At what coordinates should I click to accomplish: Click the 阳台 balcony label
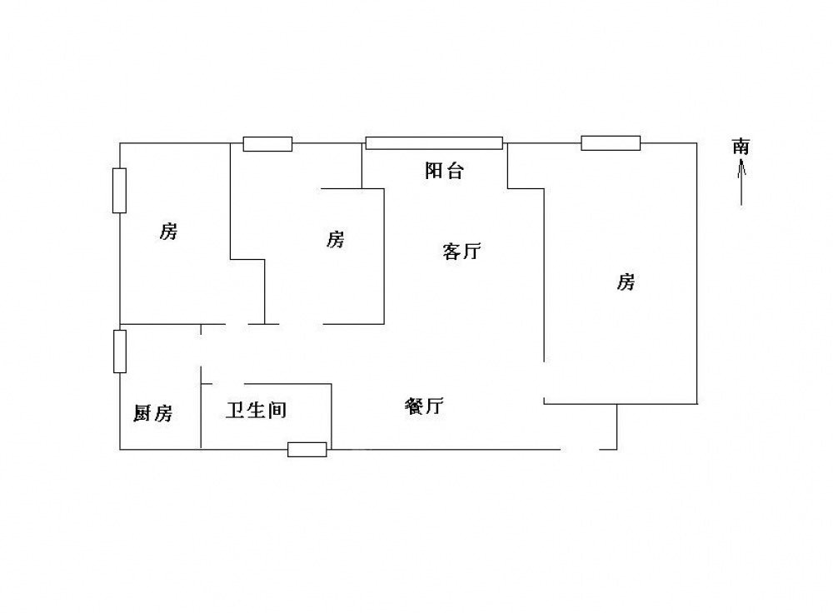(x=444, y=171)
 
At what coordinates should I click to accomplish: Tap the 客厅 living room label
(x=461, y=251)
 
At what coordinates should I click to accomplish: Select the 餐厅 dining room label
(x=424, y=406)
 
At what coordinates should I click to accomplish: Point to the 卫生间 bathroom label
(x=256, y=410)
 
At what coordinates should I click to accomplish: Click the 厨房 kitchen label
(x=152, y=413)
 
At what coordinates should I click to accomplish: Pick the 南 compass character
(x=741, y=146)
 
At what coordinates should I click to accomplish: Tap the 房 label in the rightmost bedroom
(x=626, y=282)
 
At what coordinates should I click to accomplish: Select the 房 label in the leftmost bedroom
(x=168, y=231)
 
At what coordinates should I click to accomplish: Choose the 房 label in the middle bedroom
(x=335, y=239)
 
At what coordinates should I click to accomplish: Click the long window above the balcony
(x=434, y=143)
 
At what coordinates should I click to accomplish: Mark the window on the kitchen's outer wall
(x=120, y=351)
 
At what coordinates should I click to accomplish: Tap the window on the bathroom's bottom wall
(x=307, y=450)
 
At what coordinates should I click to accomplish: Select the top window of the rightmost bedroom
(x=611, y=143)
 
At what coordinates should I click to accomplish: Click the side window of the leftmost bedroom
(x=119, y=191)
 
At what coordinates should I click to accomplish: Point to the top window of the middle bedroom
(x=267, y=144)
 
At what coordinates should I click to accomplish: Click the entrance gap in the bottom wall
(x=580, y=450)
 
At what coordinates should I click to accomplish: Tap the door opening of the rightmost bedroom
(x=543, y=380)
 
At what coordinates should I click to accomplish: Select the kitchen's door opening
(x=201, y=351)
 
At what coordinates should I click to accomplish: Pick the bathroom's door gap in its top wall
(x=229, y=383)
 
